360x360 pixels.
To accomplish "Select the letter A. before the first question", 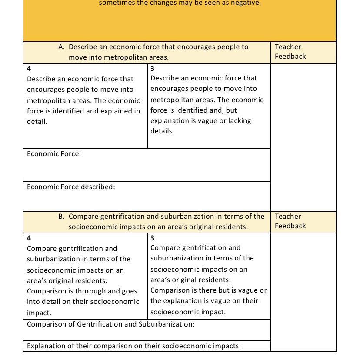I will pos(61,47).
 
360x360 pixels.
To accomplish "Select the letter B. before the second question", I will pos(61,217).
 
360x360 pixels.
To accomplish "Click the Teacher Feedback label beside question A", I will pos(290,52).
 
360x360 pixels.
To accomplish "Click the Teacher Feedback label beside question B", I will pos(290,221).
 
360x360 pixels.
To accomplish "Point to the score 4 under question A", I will pos(29,69).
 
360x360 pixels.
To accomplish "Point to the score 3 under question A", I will pos(153,69).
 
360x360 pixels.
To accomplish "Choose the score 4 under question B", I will pos(29,238).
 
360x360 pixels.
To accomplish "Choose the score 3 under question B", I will pos(153,238).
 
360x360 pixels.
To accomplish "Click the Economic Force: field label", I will pos(54,154).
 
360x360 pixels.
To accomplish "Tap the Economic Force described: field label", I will pos(71,187).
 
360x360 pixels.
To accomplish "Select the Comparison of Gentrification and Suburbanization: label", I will pos(110,324).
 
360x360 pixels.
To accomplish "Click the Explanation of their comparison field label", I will pos(133,346).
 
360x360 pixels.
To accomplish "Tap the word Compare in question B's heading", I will pos(83,217).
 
